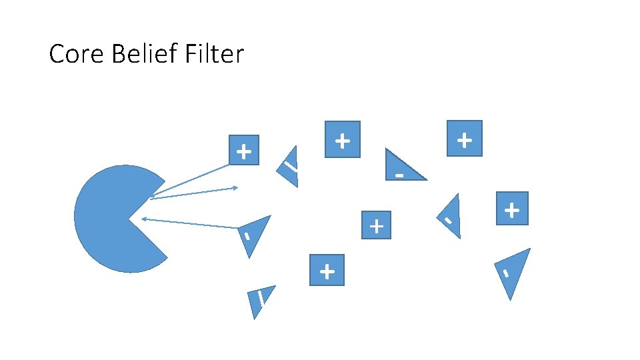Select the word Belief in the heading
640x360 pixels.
134,54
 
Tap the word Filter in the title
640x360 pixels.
210,54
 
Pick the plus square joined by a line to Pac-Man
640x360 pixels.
244,151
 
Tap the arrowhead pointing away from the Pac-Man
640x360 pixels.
235,188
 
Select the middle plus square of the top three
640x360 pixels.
342,139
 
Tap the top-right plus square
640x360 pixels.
464,139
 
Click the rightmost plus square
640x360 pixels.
511,209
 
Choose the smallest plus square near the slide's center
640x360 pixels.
376,225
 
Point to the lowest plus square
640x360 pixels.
327,270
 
